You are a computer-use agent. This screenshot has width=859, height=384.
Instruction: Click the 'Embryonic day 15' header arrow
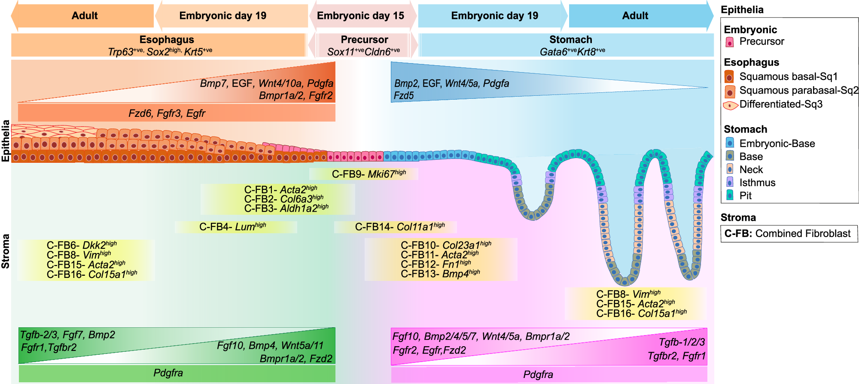click(x=361, y=16)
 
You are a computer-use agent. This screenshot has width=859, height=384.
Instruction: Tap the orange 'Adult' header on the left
click(x=85, y=16)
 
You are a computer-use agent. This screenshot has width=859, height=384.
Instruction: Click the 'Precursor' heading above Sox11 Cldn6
click(x=364, y=40)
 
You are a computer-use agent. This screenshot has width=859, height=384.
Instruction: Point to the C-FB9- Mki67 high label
click(x=369, y=174)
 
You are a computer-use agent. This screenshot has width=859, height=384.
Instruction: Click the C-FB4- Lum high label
click(x=232, y=227)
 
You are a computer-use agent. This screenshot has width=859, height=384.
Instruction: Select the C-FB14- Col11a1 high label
click(x=399, y=227)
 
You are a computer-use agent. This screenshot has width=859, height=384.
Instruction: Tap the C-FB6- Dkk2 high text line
click(x=82, y=245)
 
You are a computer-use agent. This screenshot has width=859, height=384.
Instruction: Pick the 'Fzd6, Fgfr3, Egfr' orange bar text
click(x=167, y=113)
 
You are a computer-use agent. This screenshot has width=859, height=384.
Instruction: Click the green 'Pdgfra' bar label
click(x=168, y=373)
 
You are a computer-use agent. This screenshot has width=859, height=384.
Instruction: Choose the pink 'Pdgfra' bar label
click(x=538, y=375)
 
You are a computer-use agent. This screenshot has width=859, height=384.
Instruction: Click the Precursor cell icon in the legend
click(x=729, y=42)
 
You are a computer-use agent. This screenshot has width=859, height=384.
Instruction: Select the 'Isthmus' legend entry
click(x=757, y=183)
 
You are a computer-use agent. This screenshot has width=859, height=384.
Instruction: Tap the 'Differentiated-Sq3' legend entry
click(x=780, y=104)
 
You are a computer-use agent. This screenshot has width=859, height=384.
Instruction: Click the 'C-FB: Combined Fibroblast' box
click(x=787, y=234)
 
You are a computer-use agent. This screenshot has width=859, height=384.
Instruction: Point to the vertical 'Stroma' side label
click(x=6, y=251)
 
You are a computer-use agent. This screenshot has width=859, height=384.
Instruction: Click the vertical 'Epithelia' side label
click(x=6, y=140)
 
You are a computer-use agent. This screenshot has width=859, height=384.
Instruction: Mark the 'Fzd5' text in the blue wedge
click(x=404, y=96)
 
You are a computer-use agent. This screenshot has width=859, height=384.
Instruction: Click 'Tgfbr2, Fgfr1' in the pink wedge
click(x=676, y=356)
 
